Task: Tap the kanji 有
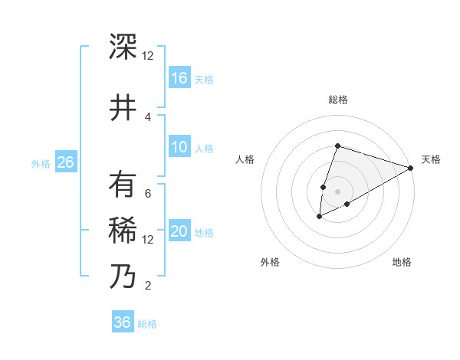coord(123,185)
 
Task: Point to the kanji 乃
coord(123,275)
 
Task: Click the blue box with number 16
coord(179,77)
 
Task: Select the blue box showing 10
coord(179,147)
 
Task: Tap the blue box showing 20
coord(179,231)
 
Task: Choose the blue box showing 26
coord(65,162)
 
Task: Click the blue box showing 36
coord(123,322)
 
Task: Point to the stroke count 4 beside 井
coord(148,117)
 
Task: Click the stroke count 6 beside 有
coord(148,194)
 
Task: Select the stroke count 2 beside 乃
coord(148,286)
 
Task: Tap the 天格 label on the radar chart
coord(432,159)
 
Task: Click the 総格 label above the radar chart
coord(337,100)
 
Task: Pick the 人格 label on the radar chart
coord(245,159)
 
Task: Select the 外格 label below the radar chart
coord(270,262)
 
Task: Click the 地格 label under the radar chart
coord(402,262)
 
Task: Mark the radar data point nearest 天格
coord(411,168)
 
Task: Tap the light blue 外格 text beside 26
coord(41,163)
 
